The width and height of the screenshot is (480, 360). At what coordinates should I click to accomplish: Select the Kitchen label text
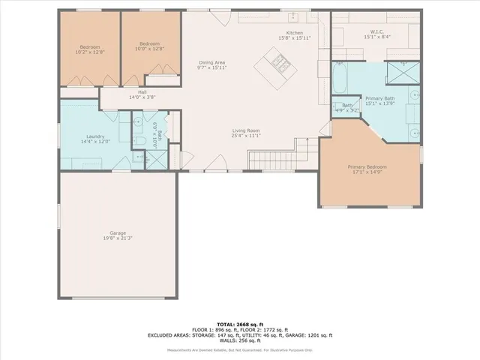(294, 34)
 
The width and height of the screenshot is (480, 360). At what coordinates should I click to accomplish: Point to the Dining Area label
(212, 62)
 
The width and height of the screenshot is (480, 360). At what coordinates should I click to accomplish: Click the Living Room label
(245, 132)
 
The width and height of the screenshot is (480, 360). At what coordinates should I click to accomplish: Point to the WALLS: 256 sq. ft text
(240, 341)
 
